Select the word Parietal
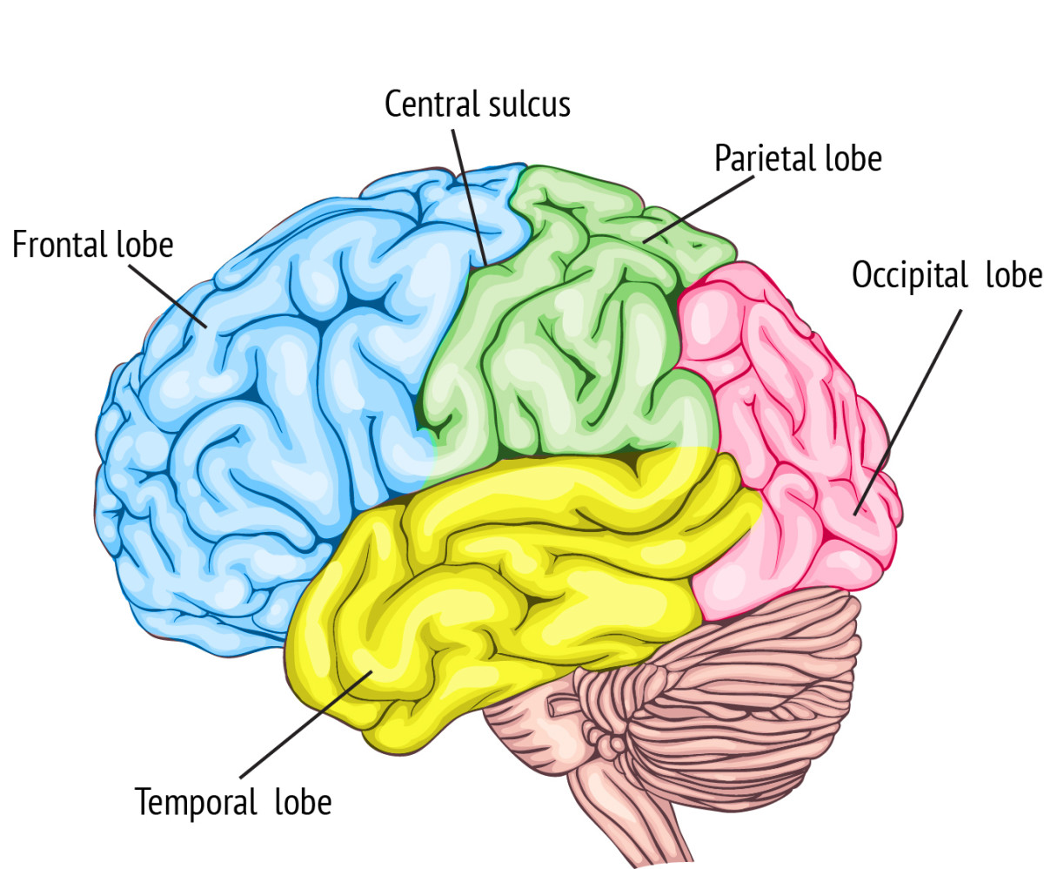(766, 158)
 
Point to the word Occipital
(909, 275)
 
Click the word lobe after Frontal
(145, 245)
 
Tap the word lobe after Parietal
(853, 158)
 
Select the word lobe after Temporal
(303, 800)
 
